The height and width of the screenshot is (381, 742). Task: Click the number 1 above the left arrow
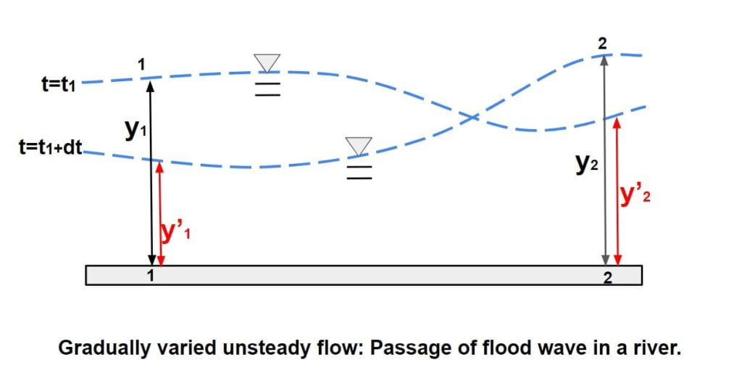pos(142,65)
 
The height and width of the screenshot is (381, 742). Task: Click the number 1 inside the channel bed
pos(151,275)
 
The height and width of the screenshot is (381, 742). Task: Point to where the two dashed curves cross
pos(474,116)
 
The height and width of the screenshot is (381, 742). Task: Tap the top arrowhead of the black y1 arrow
pos(151,84)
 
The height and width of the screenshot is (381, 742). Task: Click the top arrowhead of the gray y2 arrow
pos(605,60)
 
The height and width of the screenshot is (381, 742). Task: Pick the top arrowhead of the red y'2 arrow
pos(617,123)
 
